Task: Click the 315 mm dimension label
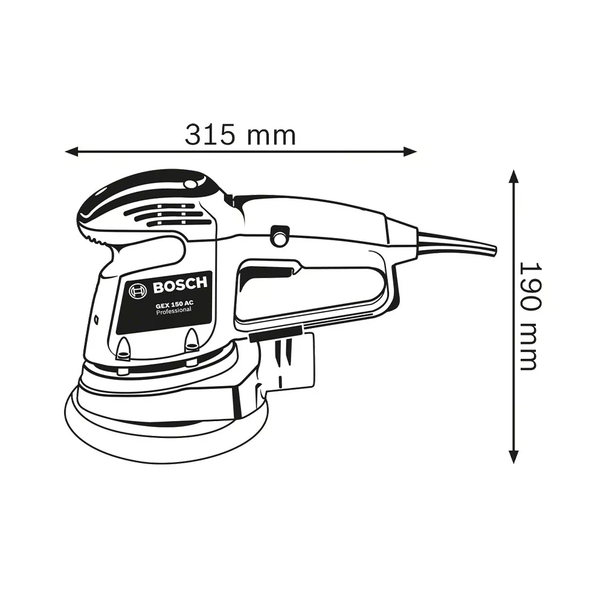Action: coord(240,135)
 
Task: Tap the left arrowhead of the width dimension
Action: coord(72,152)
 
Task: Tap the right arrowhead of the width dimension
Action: coord(410,152)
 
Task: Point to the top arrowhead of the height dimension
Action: coord(513,176)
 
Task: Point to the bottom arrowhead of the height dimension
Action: coord(513,456)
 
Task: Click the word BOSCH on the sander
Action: coord(179,285)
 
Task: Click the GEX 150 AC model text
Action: coord(175,304)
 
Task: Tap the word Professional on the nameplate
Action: coord(174,310)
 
